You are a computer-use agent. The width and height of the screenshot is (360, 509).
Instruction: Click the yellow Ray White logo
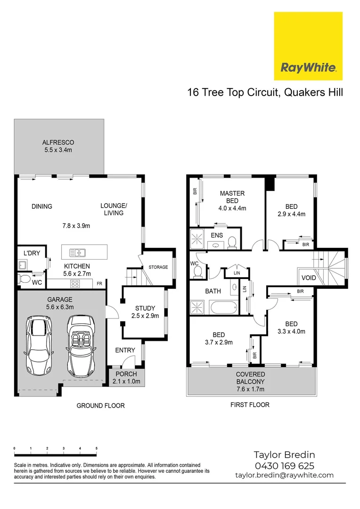(308, 46)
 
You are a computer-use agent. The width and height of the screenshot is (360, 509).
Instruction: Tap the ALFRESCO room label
(58, 142)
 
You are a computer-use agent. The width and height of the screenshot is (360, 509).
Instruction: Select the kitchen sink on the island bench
(77, 252)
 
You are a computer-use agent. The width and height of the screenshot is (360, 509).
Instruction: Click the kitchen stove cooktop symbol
(75, 283)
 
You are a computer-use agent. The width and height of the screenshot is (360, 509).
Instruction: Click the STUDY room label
(145, 309)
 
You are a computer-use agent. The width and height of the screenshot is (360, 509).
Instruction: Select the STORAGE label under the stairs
(158, 267)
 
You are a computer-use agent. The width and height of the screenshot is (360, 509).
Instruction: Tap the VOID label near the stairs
(309, 278)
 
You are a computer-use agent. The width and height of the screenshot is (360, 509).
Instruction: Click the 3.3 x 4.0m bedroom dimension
(291, 331)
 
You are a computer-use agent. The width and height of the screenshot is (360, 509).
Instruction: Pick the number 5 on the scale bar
(97, 448)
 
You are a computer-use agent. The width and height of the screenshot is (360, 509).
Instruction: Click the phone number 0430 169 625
(284, 466)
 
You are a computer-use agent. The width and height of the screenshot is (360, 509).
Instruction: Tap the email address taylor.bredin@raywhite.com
(284, 476)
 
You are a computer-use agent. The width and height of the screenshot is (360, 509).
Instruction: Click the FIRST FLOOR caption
(250, 405)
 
